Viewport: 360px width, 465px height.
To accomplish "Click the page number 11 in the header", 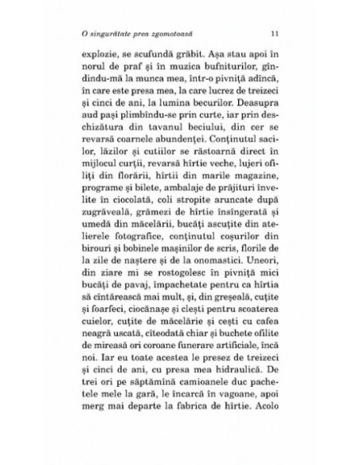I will coord(273,33).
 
